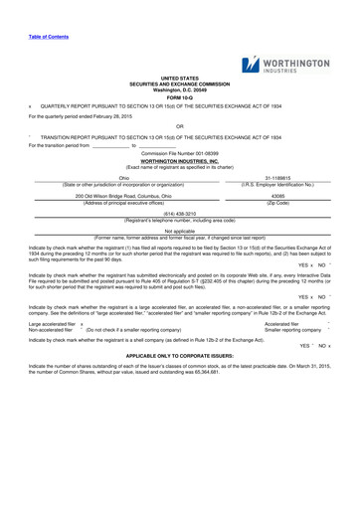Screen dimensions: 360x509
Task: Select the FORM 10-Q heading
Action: click(x=179, y=96)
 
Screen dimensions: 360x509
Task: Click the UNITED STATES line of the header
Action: click(x=179, y=77)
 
